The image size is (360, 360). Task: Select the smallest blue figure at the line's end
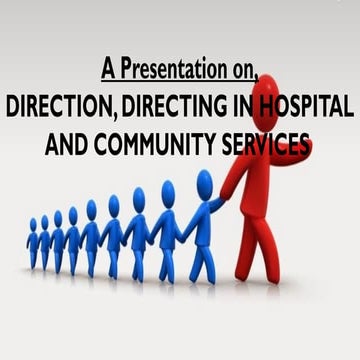(x=33, y=245)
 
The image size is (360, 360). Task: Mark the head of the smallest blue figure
(x=33, y=225)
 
